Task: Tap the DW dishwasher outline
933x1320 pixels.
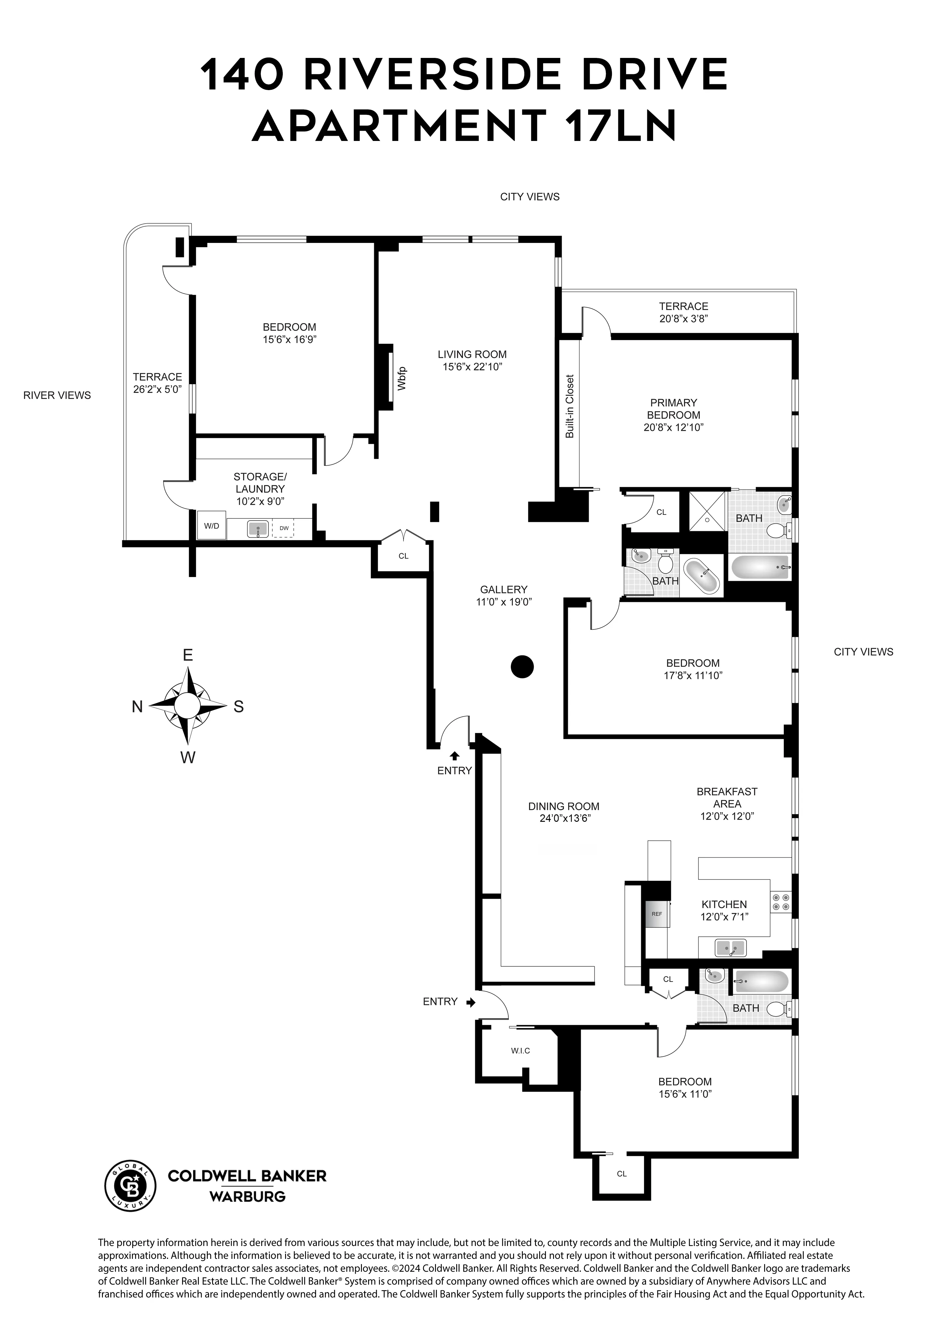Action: tap(283, 528)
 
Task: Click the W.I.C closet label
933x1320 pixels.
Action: tap(520, 1050)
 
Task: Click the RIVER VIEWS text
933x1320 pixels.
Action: tap(57, 395)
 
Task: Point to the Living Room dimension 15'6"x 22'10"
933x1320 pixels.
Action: tap(472, 367)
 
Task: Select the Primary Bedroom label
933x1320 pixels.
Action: tap(673, 409)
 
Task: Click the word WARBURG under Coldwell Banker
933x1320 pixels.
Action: tap(247, 1196)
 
